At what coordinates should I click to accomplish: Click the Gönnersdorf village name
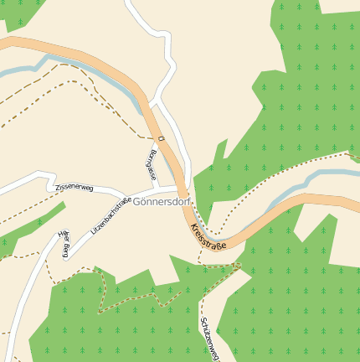tap(162, 202)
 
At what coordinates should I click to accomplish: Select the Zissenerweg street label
tap(75, 187)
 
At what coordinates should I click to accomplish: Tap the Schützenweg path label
tap(209, 339)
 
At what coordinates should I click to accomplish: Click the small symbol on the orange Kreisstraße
tap(160, 137)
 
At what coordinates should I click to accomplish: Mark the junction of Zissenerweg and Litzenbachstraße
tap(94, 190)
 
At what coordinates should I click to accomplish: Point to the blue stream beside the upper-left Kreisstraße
tap(100, 79)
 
